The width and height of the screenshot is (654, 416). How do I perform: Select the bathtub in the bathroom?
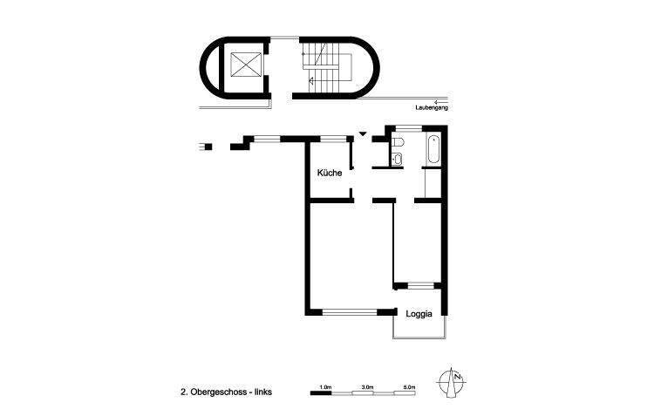click(x=433, y=151)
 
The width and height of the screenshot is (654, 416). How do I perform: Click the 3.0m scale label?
click(x=367, y=385)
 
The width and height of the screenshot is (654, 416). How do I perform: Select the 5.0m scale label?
click(x=408, y=385)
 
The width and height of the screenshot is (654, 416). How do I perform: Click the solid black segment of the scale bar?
click(x=321, y=393)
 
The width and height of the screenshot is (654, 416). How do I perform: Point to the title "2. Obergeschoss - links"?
click(x=226, y=393)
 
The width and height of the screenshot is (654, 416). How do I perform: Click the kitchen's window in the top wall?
click(x=331, y=138)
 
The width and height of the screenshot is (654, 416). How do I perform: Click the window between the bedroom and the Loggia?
click(x=420, y=284)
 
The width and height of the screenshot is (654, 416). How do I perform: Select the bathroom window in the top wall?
click(x=408, y=128)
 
